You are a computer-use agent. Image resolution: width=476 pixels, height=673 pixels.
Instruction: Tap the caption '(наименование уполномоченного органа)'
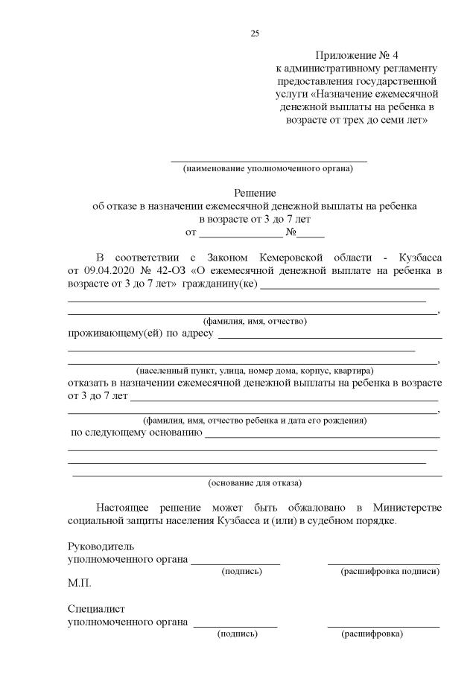[268, 168]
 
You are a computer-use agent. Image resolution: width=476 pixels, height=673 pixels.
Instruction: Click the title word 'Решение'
[255, 192]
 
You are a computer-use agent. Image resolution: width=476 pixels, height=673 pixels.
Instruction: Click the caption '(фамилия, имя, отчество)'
[255, 321]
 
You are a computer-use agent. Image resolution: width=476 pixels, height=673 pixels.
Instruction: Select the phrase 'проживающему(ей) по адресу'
[141, 334]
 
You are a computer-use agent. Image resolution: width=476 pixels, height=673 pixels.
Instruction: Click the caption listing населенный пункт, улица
[255, 370]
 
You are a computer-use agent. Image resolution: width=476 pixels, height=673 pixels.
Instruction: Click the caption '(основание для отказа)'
[255, 482]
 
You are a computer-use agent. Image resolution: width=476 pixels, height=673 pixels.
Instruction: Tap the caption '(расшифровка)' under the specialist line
[372, 634]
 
